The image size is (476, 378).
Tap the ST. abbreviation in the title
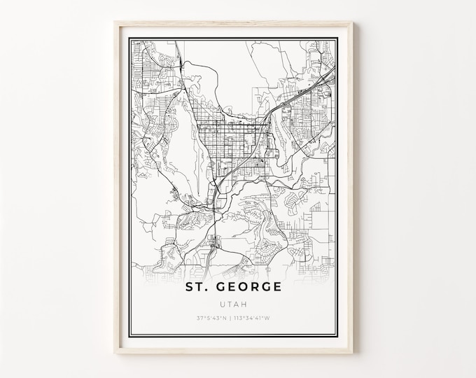click(x=197, y=287)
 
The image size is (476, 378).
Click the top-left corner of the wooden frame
click(x=116, y=22)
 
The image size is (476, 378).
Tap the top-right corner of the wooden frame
click(x=353, y=22)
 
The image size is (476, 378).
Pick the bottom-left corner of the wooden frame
click(x=116, y=351)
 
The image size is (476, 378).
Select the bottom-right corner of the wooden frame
click(x=353, y=351)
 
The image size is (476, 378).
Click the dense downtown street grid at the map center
click(x=231, y=136)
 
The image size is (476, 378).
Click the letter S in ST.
click(x=190, y=287)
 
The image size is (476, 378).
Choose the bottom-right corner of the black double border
click(x=338, y=337)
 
